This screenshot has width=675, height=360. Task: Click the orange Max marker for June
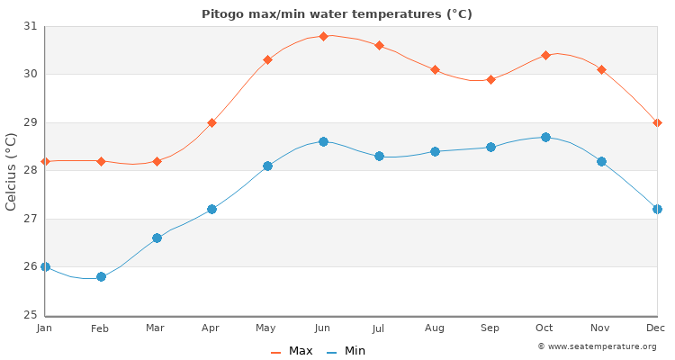(x=323, y=36)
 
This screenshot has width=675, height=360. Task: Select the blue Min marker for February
(x=101, y=276)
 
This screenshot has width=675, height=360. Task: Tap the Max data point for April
(x=211, y=122)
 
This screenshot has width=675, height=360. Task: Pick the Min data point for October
(x=545, y=137)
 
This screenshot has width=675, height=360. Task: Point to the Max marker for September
(x=490, y=79)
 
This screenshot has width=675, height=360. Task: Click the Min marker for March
(x=157, y=238)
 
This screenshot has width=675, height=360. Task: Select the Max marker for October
(x=545, y=55)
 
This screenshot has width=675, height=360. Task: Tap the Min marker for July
(x=379, y=156)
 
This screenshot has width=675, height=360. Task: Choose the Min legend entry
(x=346, y=351)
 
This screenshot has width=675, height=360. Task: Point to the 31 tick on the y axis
(x=30, y=26)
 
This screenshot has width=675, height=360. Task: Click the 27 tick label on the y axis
(x=30, y=219)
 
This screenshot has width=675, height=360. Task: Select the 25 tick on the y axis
(x=30, y=315)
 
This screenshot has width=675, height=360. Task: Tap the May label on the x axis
(x=266, y=328)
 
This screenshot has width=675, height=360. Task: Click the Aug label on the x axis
(x=434, y=328)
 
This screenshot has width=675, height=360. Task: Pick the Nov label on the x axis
(x=601, y=328)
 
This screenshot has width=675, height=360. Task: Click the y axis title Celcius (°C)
(x=12, y=171)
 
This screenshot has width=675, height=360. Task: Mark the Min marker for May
(x=267, y=166)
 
